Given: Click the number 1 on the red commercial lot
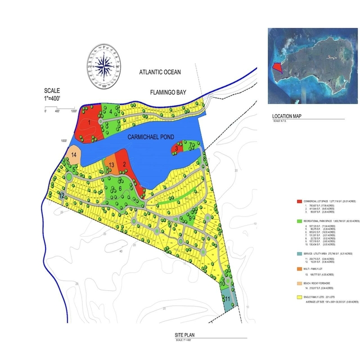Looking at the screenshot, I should tap(89, 121).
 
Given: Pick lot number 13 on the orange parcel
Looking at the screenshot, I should tap(111, 165).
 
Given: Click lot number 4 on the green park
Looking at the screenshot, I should tap(110, 110).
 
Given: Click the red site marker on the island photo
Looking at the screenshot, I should tap(276, 66).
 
